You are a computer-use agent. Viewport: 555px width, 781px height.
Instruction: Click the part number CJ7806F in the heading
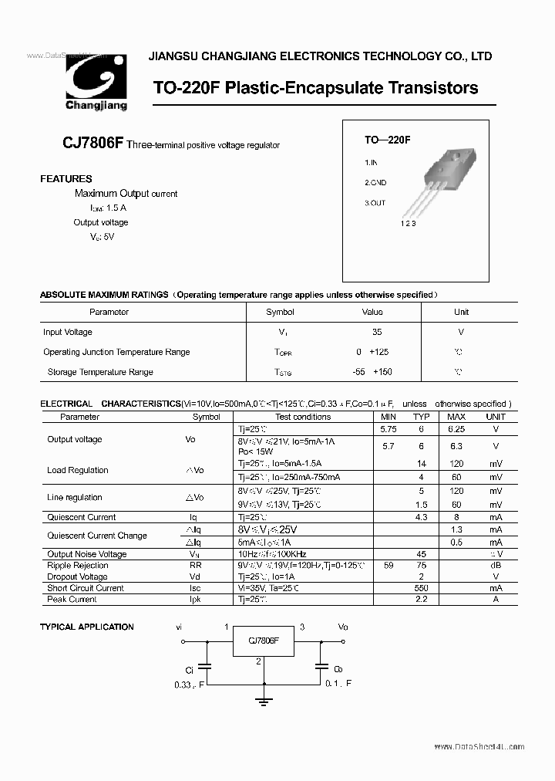coord(92,144)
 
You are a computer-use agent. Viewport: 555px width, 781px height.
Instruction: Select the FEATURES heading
coord(66,179)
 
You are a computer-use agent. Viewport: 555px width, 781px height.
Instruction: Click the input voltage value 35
coord(376,332)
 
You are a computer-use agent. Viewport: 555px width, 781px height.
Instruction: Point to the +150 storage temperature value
coord(382,372)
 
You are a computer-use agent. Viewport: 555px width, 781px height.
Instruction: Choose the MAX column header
coord(456,417)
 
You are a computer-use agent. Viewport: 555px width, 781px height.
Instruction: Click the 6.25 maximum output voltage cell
coord(456,428)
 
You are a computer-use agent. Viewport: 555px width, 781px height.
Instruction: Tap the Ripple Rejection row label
coord(78,566)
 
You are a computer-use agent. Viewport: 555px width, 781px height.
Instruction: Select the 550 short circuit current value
coord(422,588)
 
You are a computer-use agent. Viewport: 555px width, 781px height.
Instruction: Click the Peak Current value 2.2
coord(422,600)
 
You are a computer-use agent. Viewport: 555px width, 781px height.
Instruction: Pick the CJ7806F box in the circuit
coord(264,641)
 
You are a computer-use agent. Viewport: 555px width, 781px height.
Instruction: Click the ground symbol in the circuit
coord(264,701)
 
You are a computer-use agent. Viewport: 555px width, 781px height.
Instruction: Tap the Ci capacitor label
coord(190,670)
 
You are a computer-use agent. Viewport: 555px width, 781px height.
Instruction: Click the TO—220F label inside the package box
coord(387,140)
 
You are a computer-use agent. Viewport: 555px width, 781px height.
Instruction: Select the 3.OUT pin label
coord(375,203)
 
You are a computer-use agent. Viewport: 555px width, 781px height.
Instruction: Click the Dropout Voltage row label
coord(78,577)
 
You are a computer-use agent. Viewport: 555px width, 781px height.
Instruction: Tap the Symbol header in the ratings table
coord(280,313)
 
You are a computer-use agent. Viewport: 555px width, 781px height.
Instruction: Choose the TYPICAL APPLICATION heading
coord(87,627)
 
